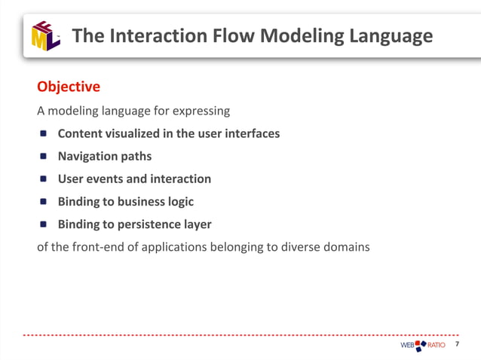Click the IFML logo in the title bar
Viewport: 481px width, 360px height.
[x=45, y=35]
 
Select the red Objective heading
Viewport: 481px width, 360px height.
[x=69, y=87]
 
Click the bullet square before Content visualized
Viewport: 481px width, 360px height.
[x=43, y=134]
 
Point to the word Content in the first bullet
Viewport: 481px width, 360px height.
[x=81, y=133]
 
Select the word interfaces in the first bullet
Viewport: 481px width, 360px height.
[x=250, y=133]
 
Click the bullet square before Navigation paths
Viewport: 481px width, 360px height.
[x=43, y=157]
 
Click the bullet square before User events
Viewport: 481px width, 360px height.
[x=43, y=179]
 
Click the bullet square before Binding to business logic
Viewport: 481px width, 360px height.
[x=43, y=202]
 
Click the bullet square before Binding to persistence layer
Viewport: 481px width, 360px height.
[x=43, y=224]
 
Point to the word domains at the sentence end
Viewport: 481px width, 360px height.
[x=346, y=246]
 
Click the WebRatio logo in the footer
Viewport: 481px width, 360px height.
[x=422, y=345]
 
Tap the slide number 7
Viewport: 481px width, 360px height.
[x=457, y=344]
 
